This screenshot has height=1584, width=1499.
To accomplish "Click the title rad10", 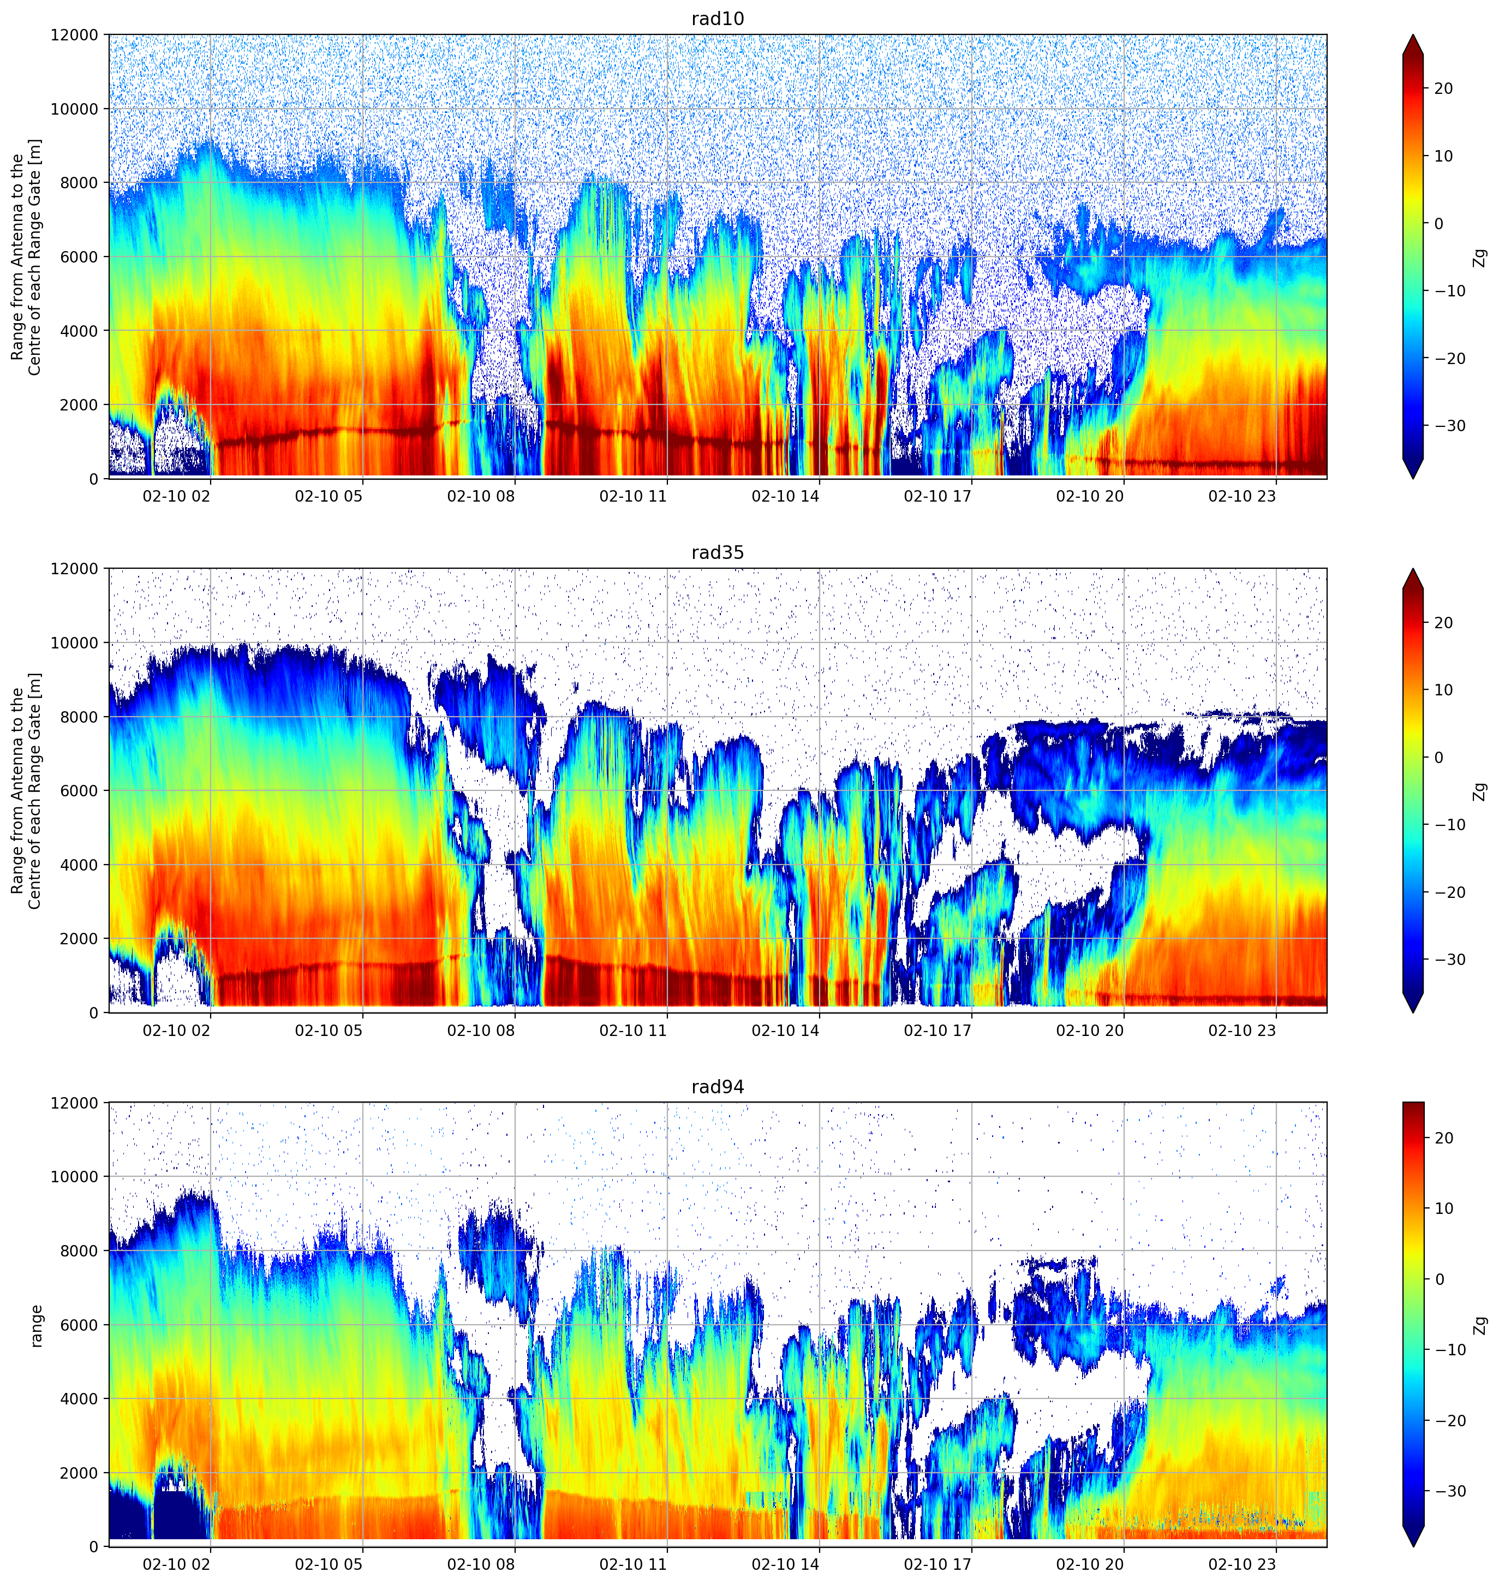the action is click(x=718, y=19).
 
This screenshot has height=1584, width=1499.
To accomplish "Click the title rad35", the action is click(x=718, y=553).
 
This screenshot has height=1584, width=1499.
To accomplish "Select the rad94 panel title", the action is click(x=718, y=1087).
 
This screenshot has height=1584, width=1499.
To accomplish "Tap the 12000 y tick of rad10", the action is click(x=74, y=35).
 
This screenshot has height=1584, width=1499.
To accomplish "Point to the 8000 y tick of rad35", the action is click(x=79, y=717).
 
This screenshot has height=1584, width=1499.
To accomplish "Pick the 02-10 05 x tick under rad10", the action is click(x=329, y=496).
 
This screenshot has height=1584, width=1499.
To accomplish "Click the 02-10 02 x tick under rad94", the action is click(x=177, y=1564).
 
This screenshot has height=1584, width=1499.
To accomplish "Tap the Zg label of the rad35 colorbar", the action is click(x=1480, y=791).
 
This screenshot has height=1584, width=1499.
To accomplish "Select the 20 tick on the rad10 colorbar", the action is click(x=1443, y=89).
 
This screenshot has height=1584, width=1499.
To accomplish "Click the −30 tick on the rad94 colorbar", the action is click(x=1449, y=1491).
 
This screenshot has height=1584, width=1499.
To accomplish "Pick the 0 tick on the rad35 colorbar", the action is click(x=1438, y=758).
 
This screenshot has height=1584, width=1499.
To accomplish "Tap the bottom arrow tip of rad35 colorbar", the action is click(x=1413, y=1013).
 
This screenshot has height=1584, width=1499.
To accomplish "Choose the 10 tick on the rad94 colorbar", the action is click(x=1443, y=1208).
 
